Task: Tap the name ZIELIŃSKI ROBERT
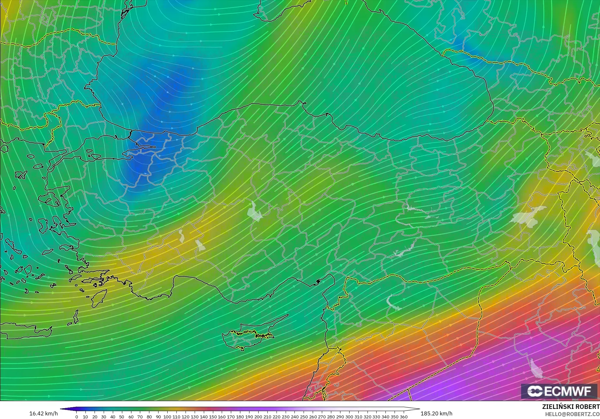(x=571, y=407)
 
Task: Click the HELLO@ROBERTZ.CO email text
(x=572, y=414)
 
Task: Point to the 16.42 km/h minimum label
(x=43, y=413)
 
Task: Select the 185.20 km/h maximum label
(x=436, y=413)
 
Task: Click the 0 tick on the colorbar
(x=77, y=417)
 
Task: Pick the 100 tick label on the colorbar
(x=167, y=417)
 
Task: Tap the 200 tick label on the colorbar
(x=258, y=417)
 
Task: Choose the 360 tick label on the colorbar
(x=404, y=417)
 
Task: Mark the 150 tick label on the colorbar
(x=213, y=417)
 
